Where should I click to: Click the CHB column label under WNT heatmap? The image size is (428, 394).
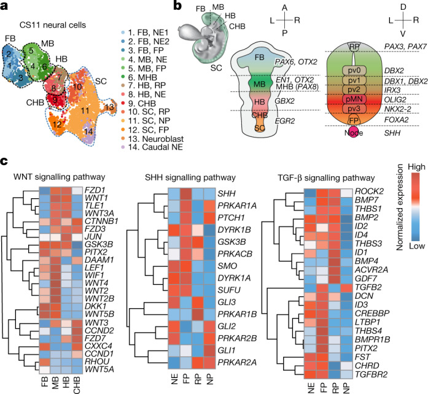(77, 379)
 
